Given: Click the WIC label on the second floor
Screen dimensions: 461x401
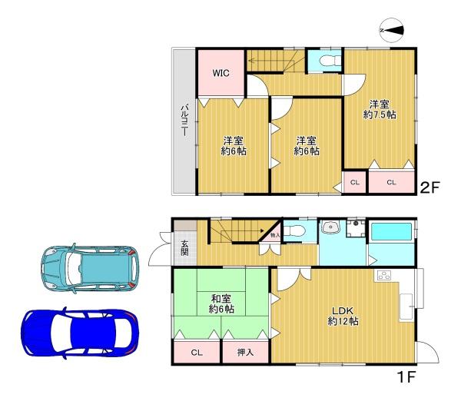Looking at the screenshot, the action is click(221, 73).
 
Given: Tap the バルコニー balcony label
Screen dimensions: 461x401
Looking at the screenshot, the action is click(184, 120).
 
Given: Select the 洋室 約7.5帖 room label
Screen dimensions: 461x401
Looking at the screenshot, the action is click(380, 109).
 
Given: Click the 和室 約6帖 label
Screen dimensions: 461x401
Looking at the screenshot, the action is click(221, 304).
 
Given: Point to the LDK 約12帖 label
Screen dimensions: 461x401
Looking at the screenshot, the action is click(343, 316).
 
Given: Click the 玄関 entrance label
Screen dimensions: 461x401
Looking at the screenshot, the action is click(184, 248).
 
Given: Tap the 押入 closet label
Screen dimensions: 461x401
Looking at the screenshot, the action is click(245, 352).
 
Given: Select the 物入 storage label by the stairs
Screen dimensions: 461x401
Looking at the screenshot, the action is click(275, 235).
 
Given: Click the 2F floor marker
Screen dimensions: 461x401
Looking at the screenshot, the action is click(429, 187).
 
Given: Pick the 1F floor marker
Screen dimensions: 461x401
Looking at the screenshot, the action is click(406, 377).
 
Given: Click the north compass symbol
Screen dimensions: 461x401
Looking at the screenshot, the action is click(392, 30).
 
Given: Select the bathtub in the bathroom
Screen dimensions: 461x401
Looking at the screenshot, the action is click(391, 232).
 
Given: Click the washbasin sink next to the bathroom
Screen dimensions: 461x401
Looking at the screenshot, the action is click(330, 227).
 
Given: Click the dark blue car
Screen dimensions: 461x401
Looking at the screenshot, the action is click(80, 333).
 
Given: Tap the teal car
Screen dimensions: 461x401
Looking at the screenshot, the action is click(90, 268).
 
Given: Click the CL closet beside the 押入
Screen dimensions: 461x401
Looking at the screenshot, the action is click(197, 352).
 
